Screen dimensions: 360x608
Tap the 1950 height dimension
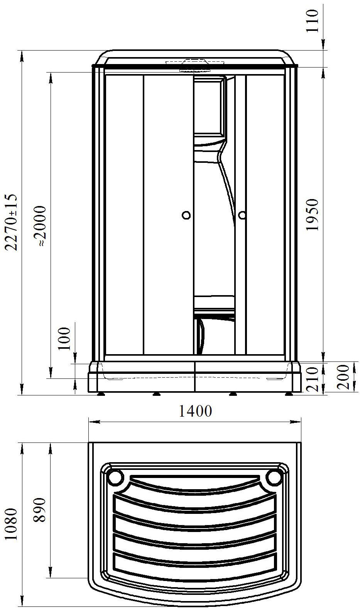click(x=312, y=215)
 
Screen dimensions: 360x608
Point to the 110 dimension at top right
click(x=312, y=20)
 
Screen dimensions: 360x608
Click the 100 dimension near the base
click(x=64, y=339)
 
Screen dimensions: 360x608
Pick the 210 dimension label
click(x=312, y=379)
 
